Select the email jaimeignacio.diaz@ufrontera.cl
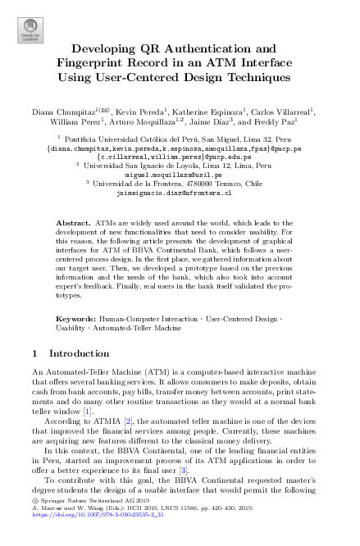click(180, 193)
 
